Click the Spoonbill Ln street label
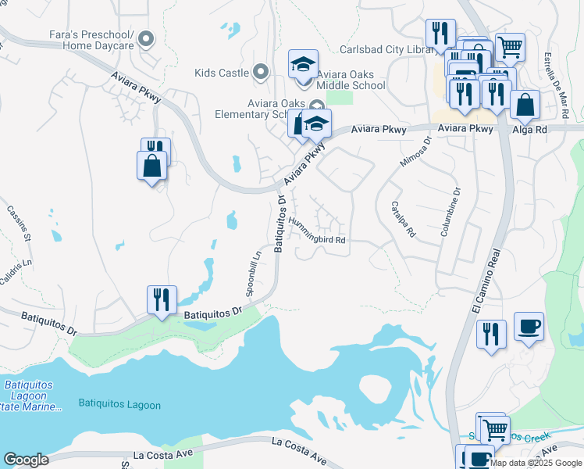click(252, 271)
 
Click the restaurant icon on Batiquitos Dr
click(162, 299)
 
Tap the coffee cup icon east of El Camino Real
click(529, 325)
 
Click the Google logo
click(26, 460)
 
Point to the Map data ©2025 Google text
click(536, 463)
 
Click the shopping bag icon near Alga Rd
click(525, 104)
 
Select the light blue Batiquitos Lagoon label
click(119, 404)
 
